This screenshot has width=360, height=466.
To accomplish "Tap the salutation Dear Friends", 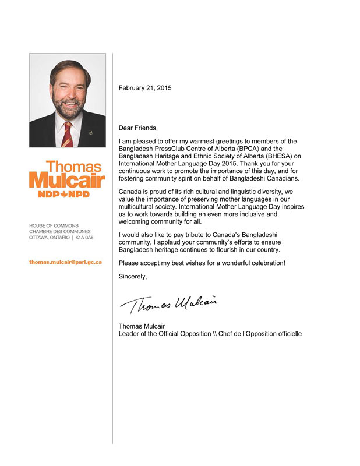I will click(x=138, y=128).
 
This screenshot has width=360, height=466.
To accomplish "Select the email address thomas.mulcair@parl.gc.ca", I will click(x=66, y=262).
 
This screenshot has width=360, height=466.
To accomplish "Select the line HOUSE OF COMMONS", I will click(x=54, y=225).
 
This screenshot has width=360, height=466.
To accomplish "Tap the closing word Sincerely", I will click(x=133, y=276).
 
